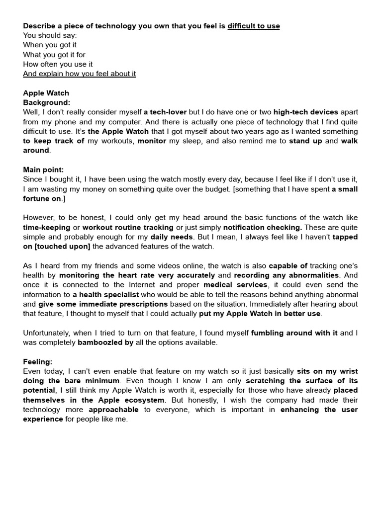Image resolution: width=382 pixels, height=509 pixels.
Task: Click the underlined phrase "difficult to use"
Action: click(254, 26)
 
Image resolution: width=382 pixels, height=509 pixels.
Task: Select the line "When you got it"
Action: click(50, 45)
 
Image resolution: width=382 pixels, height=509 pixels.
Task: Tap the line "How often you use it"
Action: click(58, 64)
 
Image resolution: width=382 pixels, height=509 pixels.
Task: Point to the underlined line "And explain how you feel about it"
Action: click(79, 74)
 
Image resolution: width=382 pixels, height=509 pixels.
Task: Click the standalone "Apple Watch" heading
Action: click(46, 93)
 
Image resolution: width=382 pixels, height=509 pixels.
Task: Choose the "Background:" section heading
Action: click(46, 102)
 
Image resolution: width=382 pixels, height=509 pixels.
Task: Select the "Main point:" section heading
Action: click(43, 170)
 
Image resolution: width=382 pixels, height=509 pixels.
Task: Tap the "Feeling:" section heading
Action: click(37, 362)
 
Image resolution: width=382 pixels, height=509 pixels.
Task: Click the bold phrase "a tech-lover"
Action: click(165, 112)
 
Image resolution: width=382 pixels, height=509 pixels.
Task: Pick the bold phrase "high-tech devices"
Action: click(305, 112)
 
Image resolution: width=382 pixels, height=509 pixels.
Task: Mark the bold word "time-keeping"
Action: click(47, 227)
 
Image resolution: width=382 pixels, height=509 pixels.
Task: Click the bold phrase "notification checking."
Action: click(263, 227)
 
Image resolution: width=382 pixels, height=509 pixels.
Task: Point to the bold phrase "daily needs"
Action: click(171, 237)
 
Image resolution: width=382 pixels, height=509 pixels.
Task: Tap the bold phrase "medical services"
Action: click(235, 285)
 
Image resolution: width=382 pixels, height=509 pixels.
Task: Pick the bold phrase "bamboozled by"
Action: click(105, 342)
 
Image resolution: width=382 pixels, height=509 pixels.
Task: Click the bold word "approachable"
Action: click(113, 410)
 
